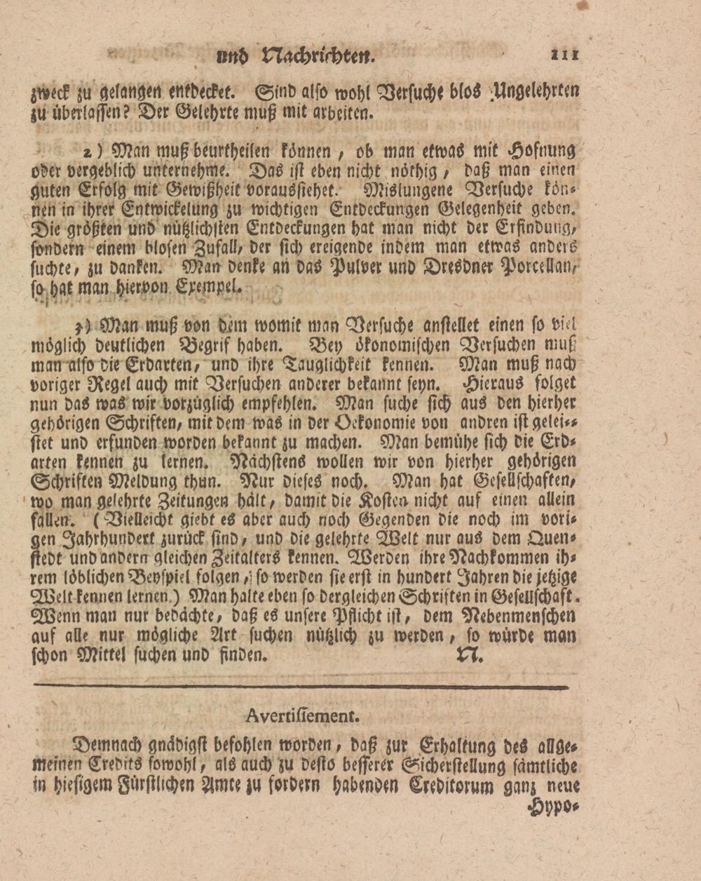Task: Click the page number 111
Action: pyautogui.click(x=564, y=53)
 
